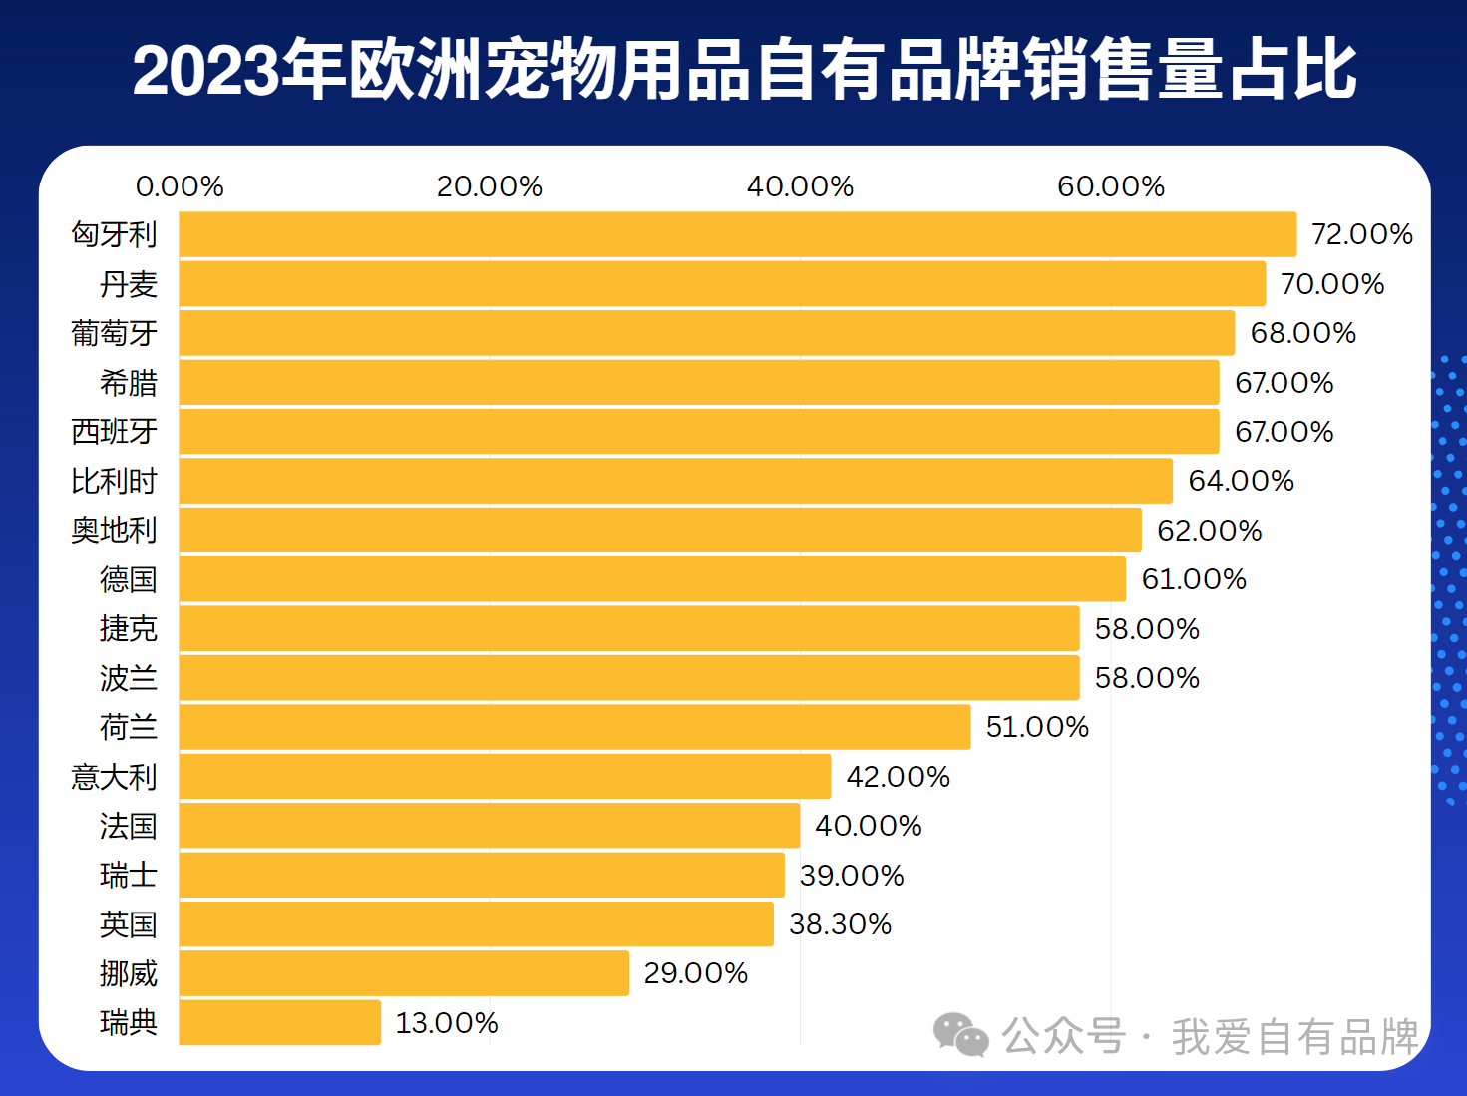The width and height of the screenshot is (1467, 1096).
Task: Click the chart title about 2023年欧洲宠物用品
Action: click(744, 70)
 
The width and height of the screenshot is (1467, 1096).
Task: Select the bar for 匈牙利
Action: click(737, 234)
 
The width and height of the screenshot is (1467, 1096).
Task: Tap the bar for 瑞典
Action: click(279, 1022)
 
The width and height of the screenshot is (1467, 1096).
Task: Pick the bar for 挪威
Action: click(404, 973)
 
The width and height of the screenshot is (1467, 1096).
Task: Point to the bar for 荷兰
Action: click(574, 727)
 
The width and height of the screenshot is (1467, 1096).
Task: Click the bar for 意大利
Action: click(505, 776)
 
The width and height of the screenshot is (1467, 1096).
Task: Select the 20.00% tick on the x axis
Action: click(489, 186)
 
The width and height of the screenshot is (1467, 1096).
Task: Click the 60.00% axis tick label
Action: click(1110, 186)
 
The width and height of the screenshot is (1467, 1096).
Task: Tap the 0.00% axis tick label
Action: click(180, 186)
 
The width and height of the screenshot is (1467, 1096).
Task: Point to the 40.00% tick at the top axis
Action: click(800, 186)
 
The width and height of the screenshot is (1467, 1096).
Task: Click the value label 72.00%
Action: click(1361, 234)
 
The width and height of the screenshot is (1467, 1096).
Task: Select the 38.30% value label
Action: click(840, 924)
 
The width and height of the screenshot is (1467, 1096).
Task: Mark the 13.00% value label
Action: click(447, 1023)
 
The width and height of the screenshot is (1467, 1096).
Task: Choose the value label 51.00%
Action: click(1037, 727)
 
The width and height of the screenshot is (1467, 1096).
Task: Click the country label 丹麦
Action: click(129, 284)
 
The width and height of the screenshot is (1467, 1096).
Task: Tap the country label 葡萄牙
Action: click(114, 333)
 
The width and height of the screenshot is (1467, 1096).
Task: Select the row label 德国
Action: click(129, 579)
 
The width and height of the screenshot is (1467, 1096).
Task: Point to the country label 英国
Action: click(129, 924)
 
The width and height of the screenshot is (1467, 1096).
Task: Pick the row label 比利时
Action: click(114, 481)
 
